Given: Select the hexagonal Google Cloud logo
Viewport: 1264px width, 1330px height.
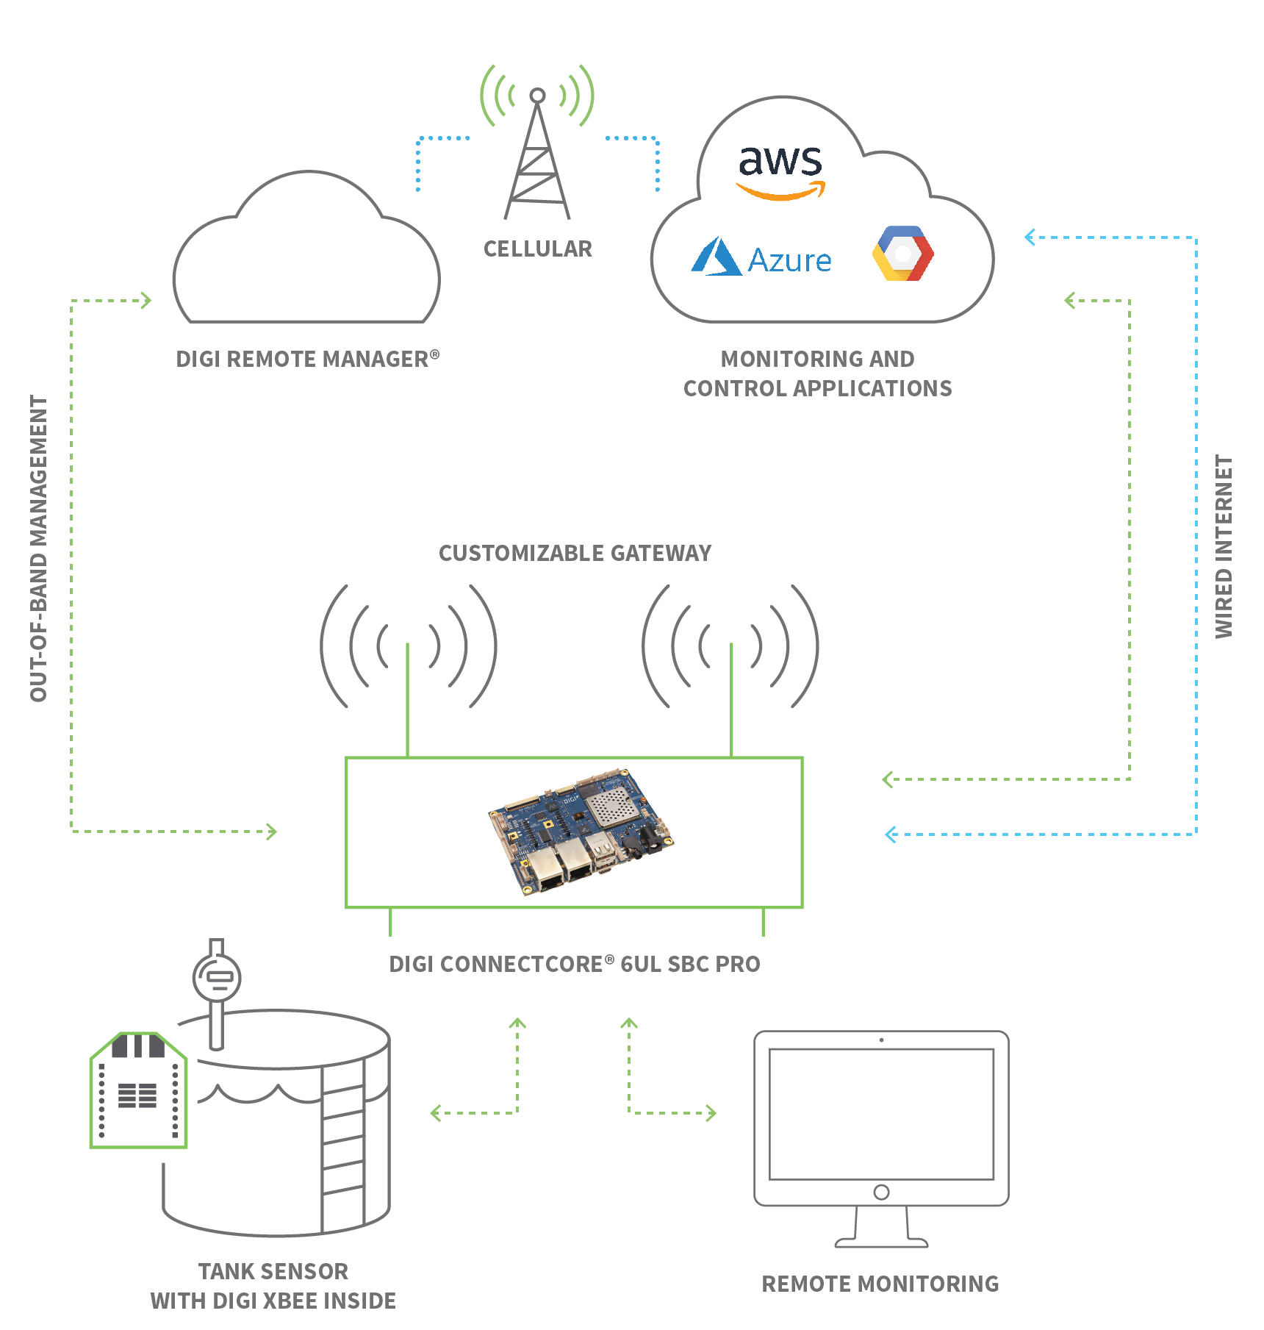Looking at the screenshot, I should point(903,254).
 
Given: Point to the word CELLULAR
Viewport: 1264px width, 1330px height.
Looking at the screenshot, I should point(537,249).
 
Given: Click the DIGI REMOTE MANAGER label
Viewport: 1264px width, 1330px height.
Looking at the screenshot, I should point(306,359).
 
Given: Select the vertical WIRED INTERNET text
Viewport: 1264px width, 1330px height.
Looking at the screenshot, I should point(1223,546).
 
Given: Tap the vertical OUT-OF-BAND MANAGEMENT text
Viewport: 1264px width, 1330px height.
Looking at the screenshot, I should point(38,548).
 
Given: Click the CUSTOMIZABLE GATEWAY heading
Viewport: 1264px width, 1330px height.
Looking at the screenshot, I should point(575,553).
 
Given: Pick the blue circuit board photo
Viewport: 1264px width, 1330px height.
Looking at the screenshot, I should point(581,832).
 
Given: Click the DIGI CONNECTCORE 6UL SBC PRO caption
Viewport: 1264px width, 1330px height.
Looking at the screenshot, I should point(575,964).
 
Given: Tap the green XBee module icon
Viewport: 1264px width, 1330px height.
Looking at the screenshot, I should point(138,1091).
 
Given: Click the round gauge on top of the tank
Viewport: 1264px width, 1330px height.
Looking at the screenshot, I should point(217,977).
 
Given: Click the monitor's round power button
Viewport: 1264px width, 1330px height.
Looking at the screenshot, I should point(881,1192).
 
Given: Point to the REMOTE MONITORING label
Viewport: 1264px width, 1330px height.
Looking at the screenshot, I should point(880,1284).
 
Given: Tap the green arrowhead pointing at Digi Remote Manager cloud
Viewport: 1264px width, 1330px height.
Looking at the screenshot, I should point(146,300).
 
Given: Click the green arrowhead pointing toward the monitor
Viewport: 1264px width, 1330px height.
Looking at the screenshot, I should point(711,1112).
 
